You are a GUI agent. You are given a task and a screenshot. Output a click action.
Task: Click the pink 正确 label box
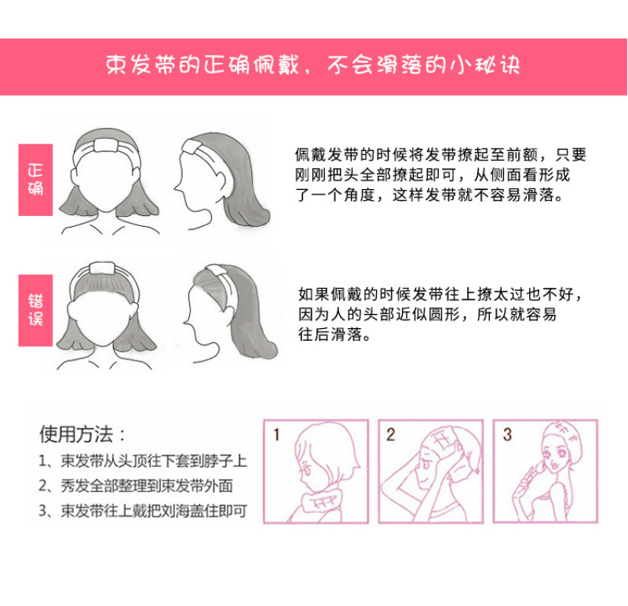click(35, 180)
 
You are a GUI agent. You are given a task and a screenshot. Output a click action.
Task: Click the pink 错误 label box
click(35, 310)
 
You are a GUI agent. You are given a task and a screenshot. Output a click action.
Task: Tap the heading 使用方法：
click(82, 435)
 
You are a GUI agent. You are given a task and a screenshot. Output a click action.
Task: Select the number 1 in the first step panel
click(276, 435)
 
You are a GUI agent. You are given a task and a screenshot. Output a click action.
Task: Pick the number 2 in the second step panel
click(390, 435)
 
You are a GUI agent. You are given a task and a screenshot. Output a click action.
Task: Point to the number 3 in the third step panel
click(507, 435)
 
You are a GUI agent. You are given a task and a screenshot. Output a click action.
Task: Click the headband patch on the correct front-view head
click(106, 145)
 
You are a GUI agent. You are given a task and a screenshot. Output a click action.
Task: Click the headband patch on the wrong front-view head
click(102, 269)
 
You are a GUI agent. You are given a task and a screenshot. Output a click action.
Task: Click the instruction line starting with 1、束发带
click(143, 461)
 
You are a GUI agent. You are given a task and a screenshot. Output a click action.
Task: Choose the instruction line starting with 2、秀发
click(135, 486)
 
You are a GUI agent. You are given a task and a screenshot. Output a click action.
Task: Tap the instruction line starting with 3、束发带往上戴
click(143, 511)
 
